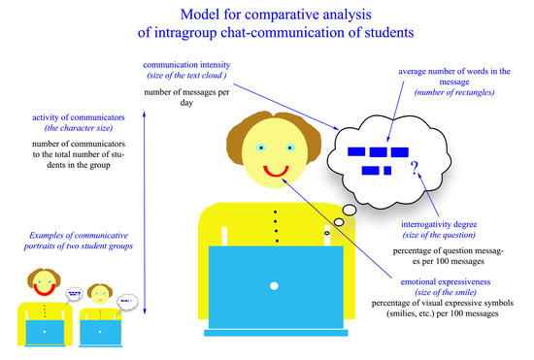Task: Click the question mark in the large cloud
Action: point(415,168)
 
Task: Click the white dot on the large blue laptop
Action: point(274,286)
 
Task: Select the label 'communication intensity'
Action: point(186,65)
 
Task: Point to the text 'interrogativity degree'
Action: point(439,224)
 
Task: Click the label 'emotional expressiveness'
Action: point(446,281)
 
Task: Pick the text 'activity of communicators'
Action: point(79,117)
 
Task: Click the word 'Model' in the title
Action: point(200,15)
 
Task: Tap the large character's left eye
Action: point(261,147)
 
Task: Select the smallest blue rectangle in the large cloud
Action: point(387,171)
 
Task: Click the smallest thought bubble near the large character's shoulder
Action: point(327,233)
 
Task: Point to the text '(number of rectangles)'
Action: point(454,92)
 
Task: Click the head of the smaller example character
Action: point(100,295)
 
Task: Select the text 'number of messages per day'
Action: point(186,97)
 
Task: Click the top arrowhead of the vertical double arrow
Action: point(144,114)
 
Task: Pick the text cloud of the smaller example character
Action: point(127,302)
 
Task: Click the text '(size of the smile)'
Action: point(446,292)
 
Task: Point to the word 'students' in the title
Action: point(389,33)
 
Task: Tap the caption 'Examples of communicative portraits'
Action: point(79,241)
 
